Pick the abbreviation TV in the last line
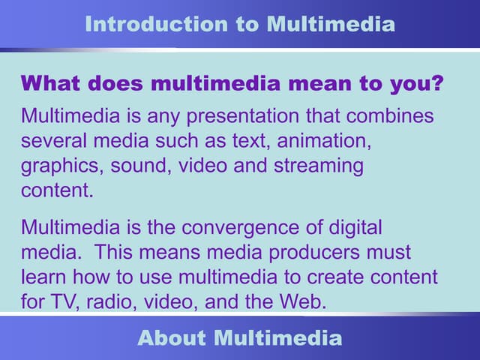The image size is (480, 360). (x=65, y=301)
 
